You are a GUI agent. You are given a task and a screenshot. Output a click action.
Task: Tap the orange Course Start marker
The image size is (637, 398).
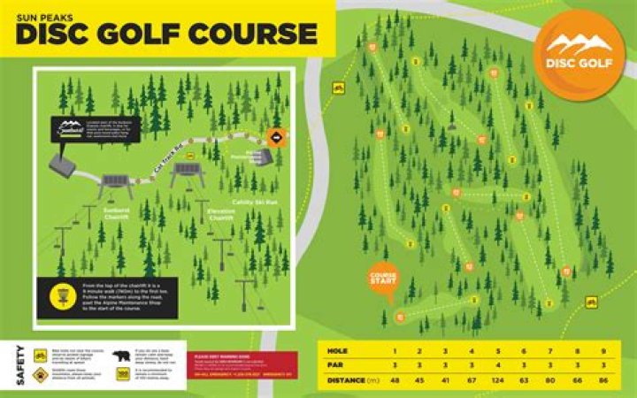coord(383,279)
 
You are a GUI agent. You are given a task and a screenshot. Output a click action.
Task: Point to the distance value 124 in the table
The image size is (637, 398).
coord(497,382)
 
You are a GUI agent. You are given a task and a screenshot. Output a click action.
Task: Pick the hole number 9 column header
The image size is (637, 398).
coord(603,350)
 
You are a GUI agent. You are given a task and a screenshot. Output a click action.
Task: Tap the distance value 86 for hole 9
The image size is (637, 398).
coord(603,382)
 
